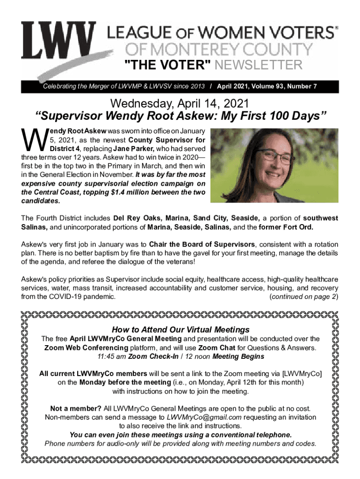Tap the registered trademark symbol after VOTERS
(x=335, y=28)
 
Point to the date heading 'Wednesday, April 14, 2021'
(x=180, y=102)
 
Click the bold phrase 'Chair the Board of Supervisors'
(x=202, y=244)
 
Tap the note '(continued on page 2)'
(x=304, y=297)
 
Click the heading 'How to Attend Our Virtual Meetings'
(x=180, y=329)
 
